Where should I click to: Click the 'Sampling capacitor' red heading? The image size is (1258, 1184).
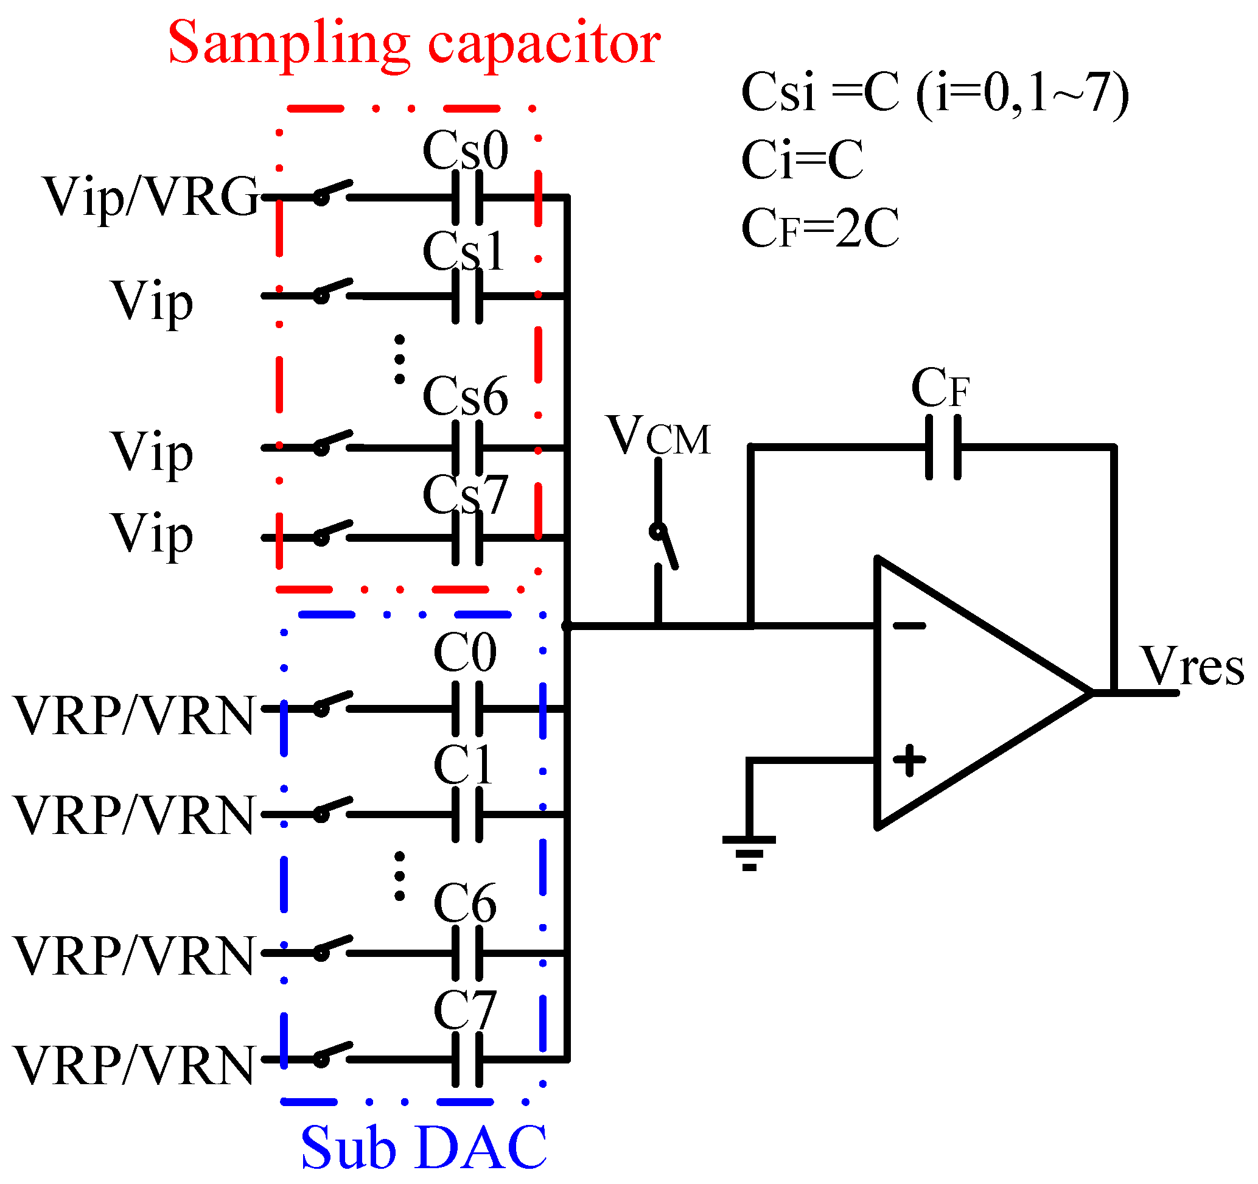pyautogui.click(x=414, y=43)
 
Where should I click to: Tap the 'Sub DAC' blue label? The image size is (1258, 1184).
pyautogui.click(x=424, y=1148)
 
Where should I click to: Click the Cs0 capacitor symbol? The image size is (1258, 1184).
pyautogui.click(x=467, y=198)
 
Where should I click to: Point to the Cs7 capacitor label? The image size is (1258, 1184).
pyautogui.click(x=465, y=494)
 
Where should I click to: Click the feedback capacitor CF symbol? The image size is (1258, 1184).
pyautogui.click(x=943, y=447)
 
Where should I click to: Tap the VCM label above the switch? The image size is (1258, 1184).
pyautogui.click(x=658, y=436)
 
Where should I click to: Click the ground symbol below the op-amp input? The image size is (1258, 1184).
pyautogui.click(x=749, y=850)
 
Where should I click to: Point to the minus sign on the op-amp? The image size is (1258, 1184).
pyautogui.click(x=909, y=626)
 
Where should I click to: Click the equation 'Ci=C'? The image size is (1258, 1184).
pyautogui.click(x=802, y=160)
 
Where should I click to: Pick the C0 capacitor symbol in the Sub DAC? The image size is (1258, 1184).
pyautogui.click(x=467, y=709)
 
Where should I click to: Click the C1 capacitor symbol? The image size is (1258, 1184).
pyautogui.click(x=467, y=814)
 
